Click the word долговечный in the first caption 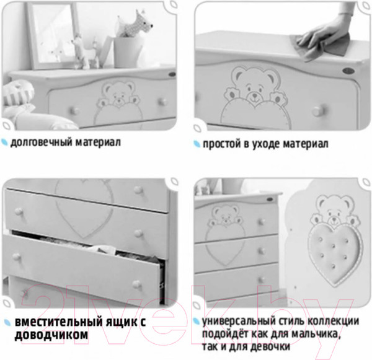point(42,143)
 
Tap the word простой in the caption point(222,144)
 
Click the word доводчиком point(51,335)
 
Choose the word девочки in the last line point(270,347)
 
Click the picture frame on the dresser point(53,35)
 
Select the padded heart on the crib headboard point(335,254)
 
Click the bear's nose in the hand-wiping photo point(255,95)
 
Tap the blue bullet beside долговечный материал point(5,142)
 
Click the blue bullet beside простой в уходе point(197,144)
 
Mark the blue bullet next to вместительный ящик point(7,322)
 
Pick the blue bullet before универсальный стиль point(197,322)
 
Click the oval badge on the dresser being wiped point(348,71)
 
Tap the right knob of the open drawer point(137,284)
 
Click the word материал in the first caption point(98,143)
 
